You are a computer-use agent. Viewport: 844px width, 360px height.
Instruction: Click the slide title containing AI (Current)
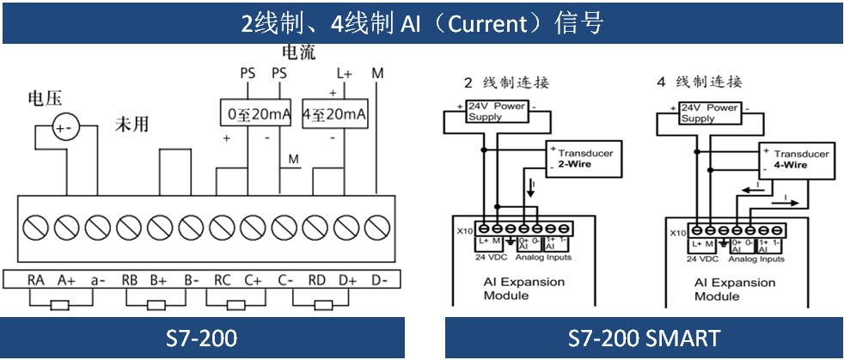pyautogui.click(x=421, y=22)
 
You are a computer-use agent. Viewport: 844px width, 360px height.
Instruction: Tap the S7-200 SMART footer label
pyautogui.click(x=644, y=338)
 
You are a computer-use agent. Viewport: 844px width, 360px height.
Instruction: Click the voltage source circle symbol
pyautogui.click(x=64, y=128)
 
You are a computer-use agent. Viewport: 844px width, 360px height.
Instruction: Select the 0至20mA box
pyautogui.click(x=253, y=114)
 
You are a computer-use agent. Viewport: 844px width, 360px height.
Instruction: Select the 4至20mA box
pyautogui.click(x=335, y=114)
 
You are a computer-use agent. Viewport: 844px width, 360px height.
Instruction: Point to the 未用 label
pyautogui.click(x=132, y=125)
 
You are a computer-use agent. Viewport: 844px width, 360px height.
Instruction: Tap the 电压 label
pyautogui.click(x=46, y=97)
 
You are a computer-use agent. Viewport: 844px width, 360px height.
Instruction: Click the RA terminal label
pyautogui.click(x=35, y=280)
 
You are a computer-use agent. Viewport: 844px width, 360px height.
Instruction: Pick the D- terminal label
pyautogui.click(x=378, y=280)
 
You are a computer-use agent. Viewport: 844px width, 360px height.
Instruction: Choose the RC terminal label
pyautogui.click(x=223, y=280)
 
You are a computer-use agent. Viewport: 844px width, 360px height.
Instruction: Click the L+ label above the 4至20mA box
pyautogui.click(x=344, y=74)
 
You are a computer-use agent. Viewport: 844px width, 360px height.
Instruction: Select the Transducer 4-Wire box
pyautogui.click(x=798, y=159)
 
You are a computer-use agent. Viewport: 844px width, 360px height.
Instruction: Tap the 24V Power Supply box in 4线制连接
pyautogui.click(x=710, y=113)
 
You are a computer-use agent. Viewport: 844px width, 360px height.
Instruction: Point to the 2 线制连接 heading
pyautogui.click(x=506, y=83)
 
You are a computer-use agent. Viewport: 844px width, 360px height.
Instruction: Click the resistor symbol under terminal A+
pyautogui.click(x=60, y=304)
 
